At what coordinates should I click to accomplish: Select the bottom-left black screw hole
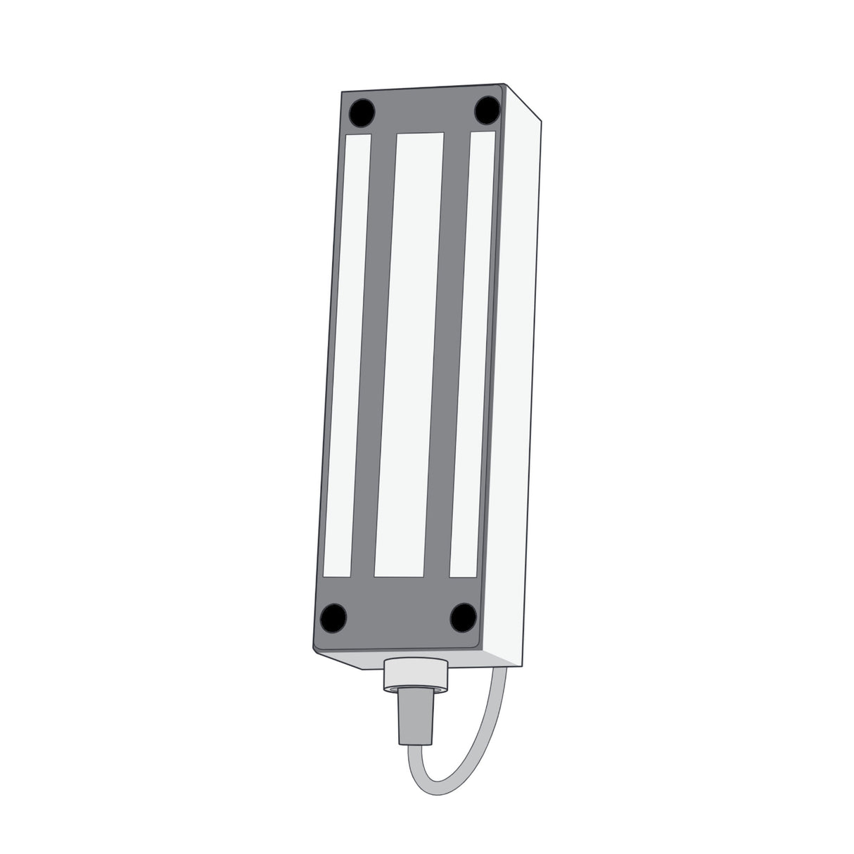coord(333,617)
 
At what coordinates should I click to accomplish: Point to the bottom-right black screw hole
coord(463,616)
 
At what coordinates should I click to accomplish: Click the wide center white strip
coord(409,352)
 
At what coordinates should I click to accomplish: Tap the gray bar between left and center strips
coord(376,352)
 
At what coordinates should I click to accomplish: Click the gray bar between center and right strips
coord(442,352)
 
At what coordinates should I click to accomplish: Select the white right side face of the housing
coord(517,387)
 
